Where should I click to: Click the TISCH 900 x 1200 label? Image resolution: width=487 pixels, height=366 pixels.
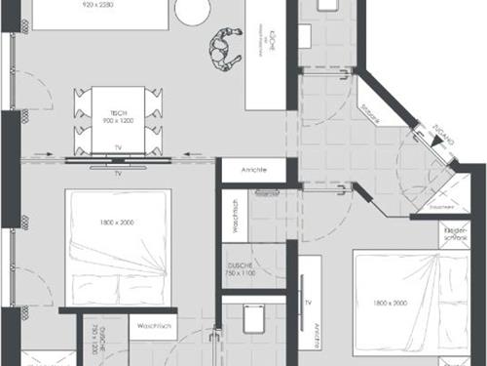click(118, 115)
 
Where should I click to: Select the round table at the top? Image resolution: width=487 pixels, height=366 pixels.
click(192, 9)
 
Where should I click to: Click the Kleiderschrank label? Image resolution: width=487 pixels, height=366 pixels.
click(456, 235)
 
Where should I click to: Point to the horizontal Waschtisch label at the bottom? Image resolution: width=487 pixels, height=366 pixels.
click(154, 325)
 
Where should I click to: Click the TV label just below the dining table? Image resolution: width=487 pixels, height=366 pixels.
click(118, 173)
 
